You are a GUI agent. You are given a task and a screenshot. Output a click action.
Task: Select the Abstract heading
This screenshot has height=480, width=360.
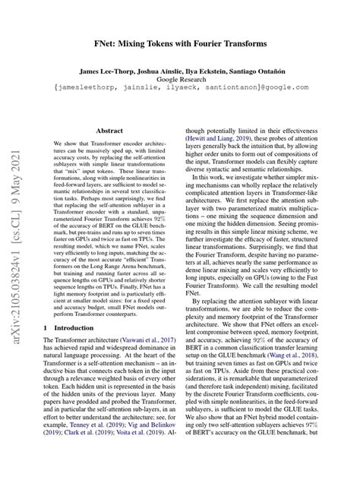[x=109, y=131]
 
